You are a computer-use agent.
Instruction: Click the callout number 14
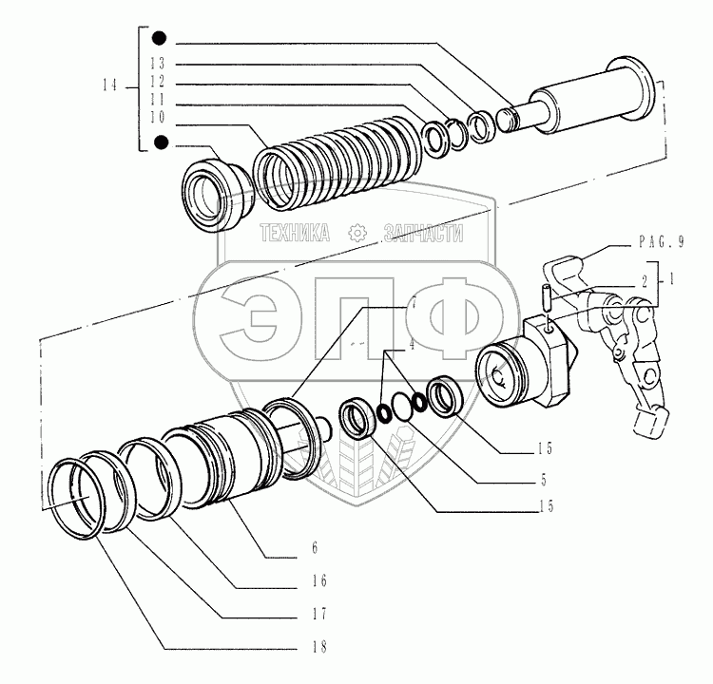(109, 85)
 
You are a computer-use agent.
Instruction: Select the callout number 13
(158, 63)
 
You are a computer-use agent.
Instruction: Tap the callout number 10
(158, 117)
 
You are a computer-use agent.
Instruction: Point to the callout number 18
(319, 646)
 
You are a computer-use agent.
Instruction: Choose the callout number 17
(319, 614)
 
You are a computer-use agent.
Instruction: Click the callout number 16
(319, 580)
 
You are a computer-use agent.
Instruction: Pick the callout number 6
(315, 547)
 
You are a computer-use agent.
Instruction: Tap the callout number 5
(544, 481)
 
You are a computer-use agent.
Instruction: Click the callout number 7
(414, 303)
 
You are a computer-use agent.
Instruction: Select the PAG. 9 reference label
(662, 242)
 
